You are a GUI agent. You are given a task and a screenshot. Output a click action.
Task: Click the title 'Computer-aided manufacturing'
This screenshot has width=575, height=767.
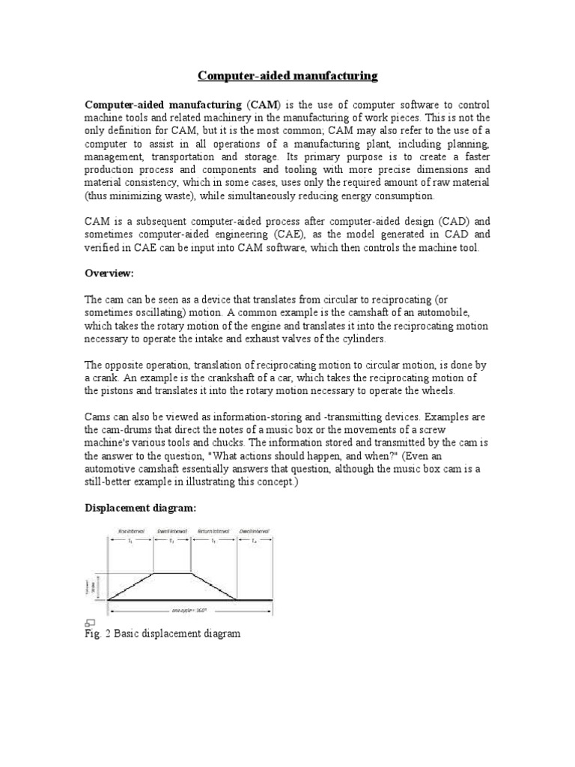[x=287, y=76]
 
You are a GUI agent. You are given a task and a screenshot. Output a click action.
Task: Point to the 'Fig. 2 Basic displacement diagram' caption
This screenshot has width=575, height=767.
[x=162, y=634]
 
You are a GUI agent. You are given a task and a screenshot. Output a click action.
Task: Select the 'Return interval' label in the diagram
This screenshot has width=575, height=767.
[x=213, y=531]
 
